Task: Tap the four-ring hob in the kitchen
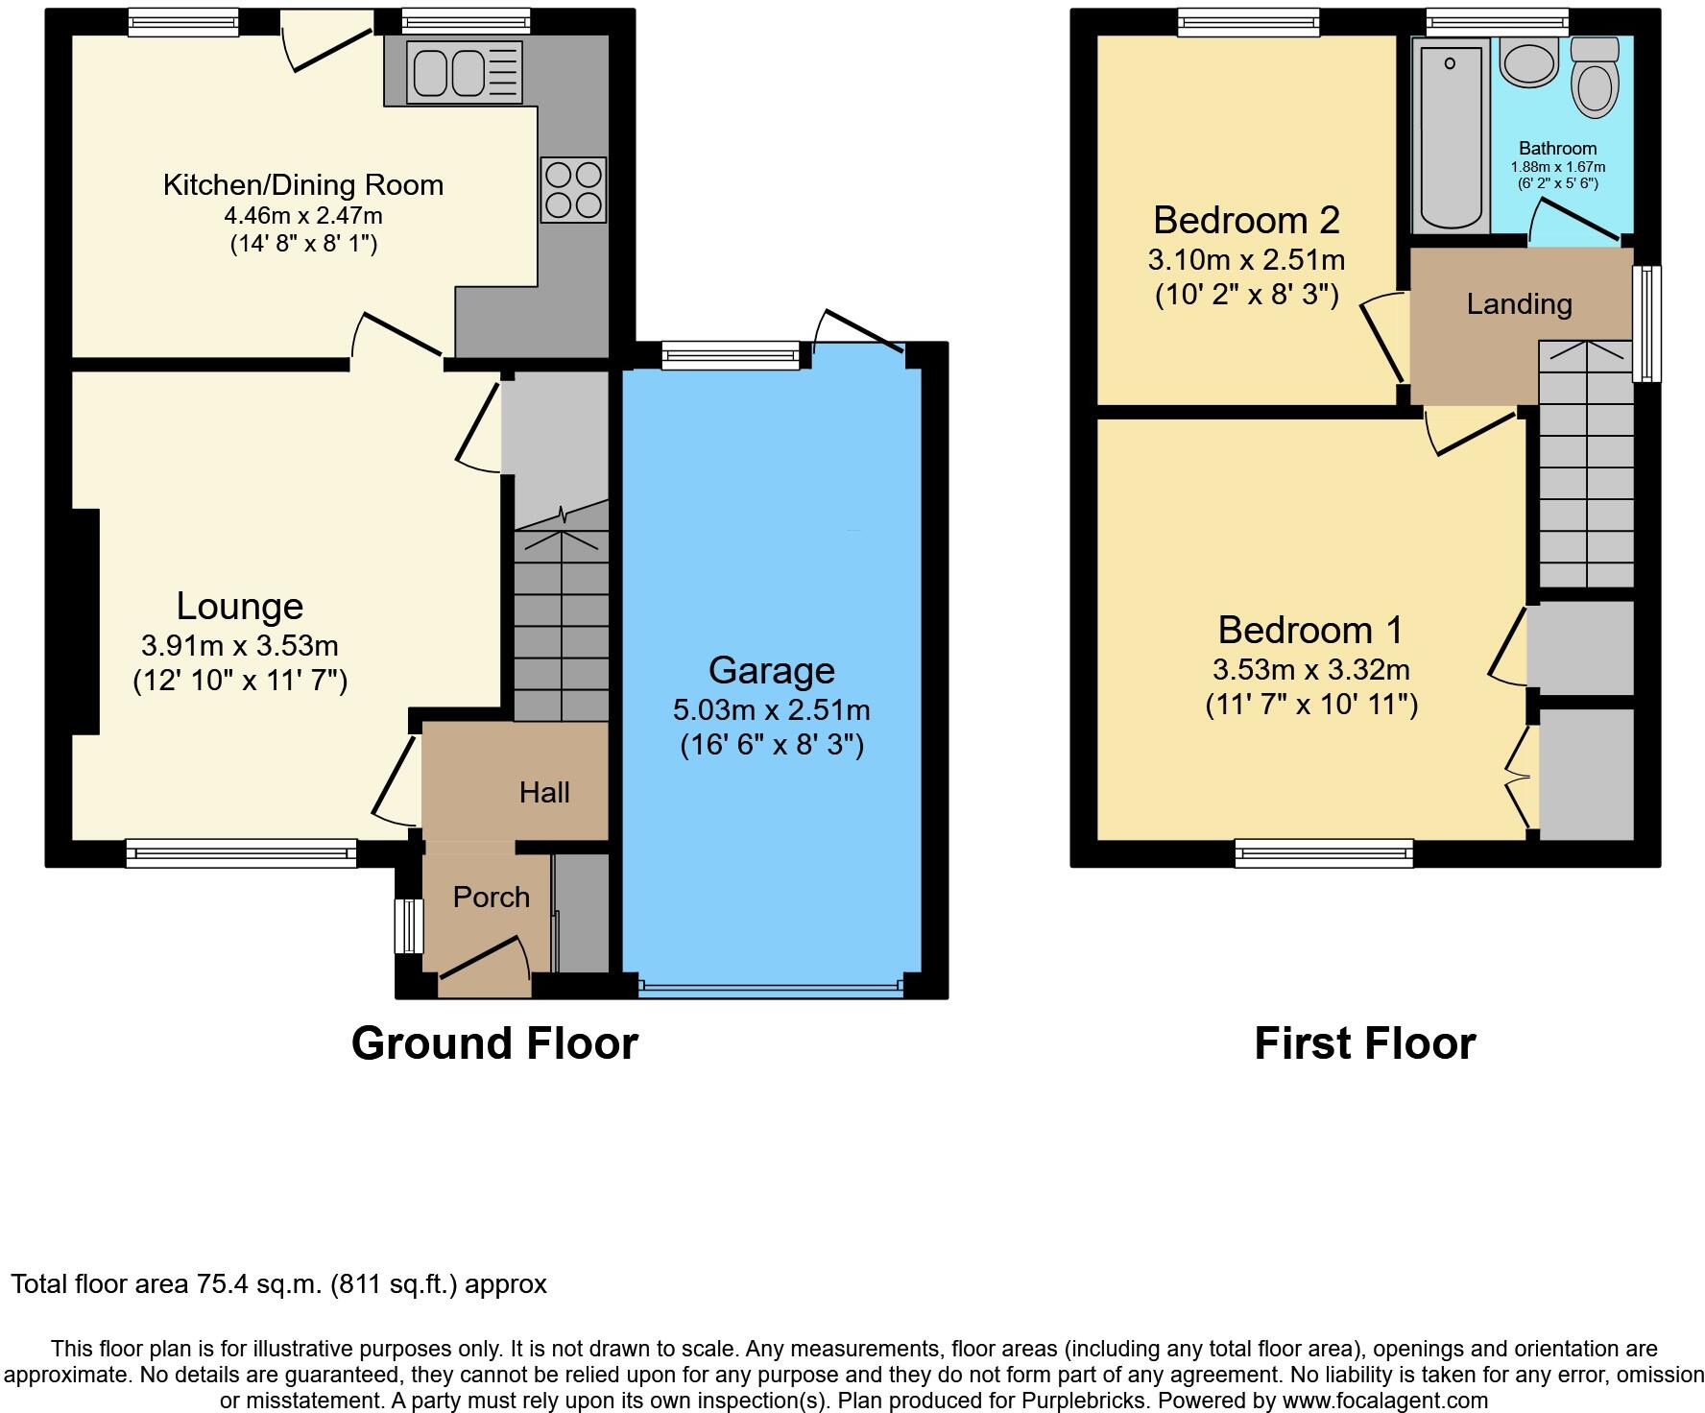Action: point(573,190)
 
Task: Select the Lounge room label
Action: point(240,606)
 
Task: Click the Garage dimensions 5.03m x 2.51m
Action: point(771,710)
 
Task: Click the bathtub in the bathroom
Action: point(1450,134)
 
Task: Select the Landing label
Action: point(1519,304)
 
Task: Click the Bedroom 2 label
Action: point(1246,221)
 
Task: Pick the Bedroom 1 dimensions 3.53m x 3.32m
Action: point(1310,669)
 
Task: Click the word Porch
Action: point(491,897)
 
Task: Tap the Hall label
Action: point(544,792)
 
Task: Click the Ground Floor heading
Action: point(494,1043)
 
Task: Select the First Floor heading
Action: point(1364,1043)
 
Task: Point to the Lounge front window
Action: point(241,852)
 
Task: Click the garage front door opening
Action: point(771,986)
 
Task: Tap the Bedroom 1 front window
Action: point(1323,852)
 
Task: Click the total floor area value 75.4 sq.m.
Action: point(259,1284)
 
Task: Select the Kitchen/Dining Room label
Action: point(303,184)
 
